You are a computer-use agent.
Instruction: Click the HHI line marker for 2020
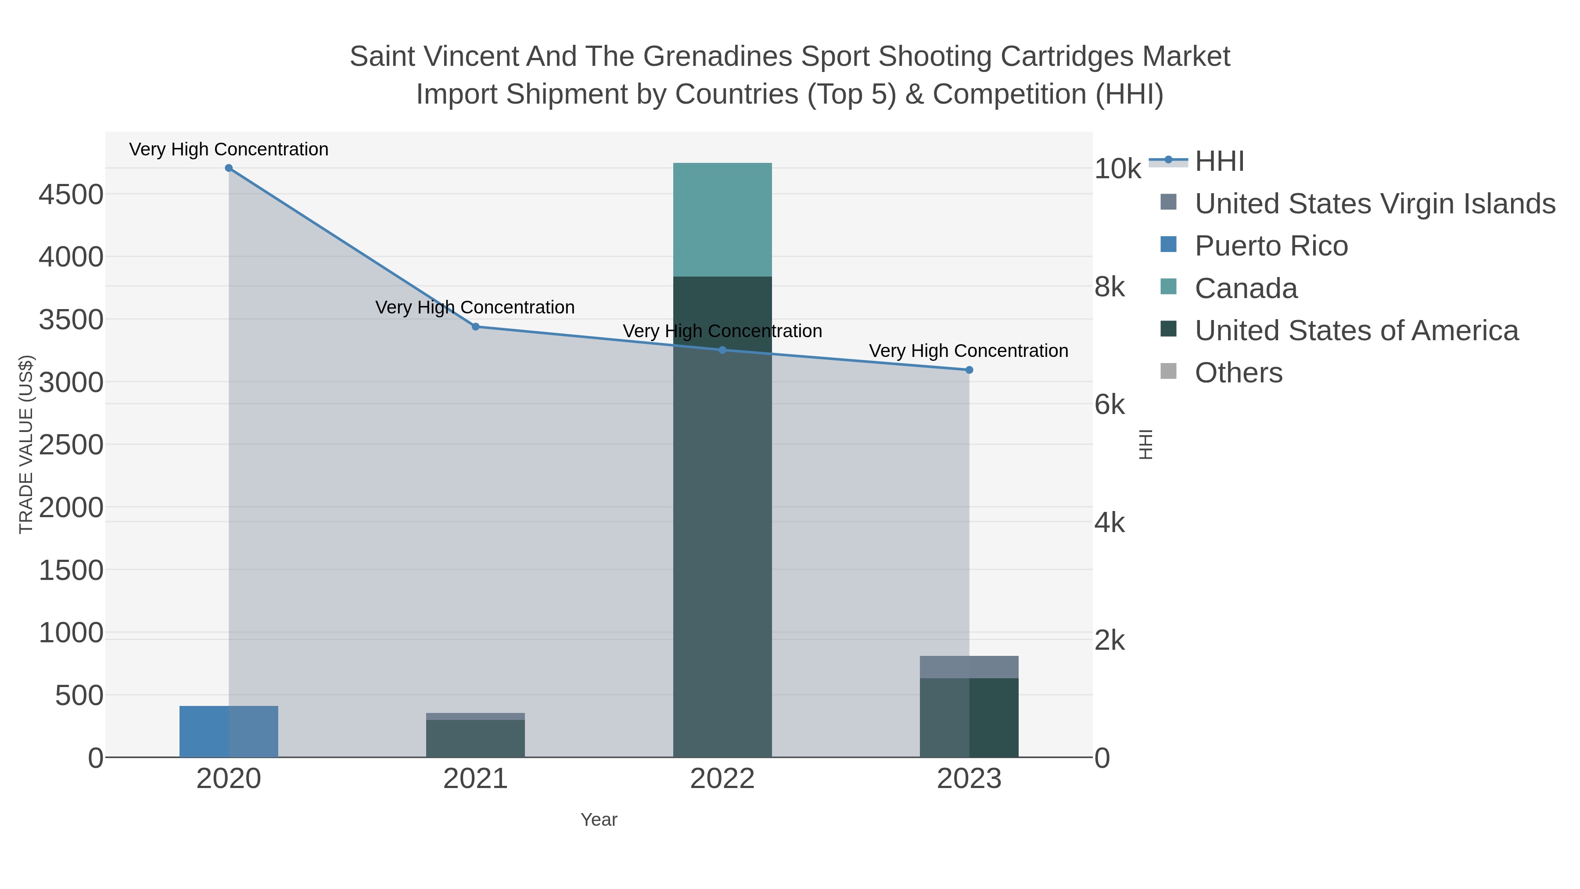pyautogui.click(x=229, y=168)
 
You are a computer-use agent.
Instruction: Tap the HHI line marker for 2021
pyautogui.click(x=475, y=326)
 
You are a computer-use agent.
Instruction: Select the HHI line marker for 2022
pyautogui.click(x=722, y=350)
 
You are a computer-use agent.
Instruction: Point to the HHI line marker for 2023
pyautogui.click(x=969, y=370)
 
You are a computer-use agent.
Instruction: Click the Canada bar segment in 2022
pyautogui.click(x=722, y=220)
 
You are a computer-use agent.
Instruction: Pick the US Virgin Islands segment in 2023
pyautogui.click(x=969, y=667)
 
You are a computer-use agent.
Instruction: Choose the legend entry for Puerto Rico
pyautogui.click(x=1271, y=246)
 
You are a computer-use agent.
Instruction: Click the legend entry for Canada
pyautogui.click(x=1246, y=288)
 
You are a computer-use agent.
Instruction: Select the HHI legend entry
pyautogui.click(x=1219, y=162)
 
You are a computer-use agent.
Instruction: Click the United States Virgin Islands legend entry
pyautogui.click(x=1375, y=204)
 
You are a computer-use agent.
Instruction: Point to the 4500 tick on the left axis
pyautogui.click(x=71, y=195)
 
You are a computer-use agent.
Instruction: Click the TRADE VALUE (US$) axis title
pyautogui.click(x=26, y=444)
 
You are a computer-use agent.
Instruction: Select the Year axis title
pyautogui.click(x=599, y=820)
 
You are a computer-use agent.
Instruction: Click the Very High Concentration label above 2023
pyautogui.click(x=969, y=351)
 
